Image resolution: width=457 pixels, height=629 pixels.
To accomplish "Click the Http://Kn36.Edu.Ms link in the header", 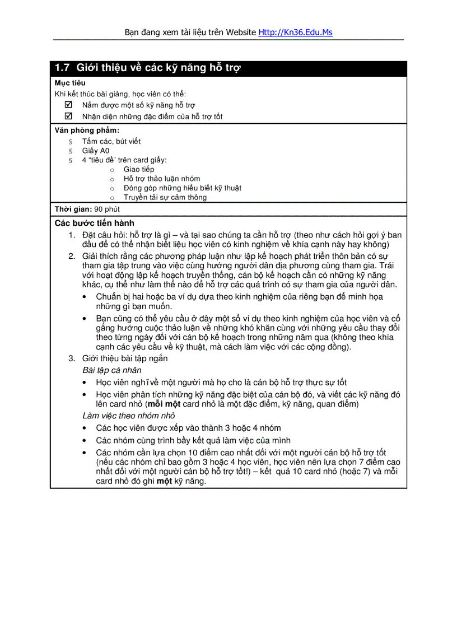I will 295,32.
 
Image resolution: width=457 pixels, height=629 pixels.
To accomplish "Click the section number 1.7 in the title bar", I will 62,68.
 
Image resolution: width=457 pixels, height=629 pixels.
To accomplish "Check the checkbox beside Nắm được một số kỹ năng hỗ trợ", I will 69,105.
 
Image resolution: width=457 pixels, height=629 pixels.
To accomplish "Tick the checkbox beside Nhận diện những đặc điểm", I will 69,117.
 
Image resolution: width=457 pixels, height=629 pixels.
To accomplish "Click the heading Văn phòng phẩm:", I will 87,131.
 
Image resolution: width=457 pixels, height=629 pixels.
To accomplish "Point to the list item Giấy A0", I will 96,151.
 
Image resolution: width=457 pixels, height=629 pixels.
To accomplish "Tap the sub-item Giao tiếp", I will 139,169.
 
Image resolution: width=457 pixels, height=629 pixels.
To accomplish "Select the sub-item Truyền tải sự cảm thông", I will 165,197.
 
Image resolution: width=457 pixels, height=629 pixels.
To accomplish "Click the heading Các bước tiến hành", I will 94,223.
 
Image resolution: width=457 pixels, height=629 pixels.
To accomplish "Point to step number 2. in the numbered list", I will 72,256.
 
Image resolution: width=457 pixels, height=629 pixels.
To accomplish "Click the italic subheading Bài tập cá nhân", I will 111,370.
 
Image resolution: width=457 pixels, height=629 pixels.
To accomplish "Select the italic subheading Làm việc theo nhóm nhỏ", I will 128,416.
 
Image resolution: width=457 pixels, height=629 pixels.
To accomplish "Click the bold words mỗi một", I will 163,404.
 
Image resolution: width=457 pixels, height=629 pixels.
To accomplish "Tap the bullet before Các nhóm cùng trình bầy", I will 84,441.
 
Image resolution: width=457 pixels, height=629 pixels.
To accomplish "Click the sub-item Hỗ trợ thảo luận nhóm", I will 162,179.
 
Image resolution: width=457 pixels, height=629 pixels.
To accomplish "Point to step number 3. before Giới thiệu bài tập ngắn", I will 72,358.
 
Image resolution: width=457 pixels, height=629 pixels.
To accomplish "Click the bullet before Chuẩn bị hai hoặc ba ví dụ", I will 84,297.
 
